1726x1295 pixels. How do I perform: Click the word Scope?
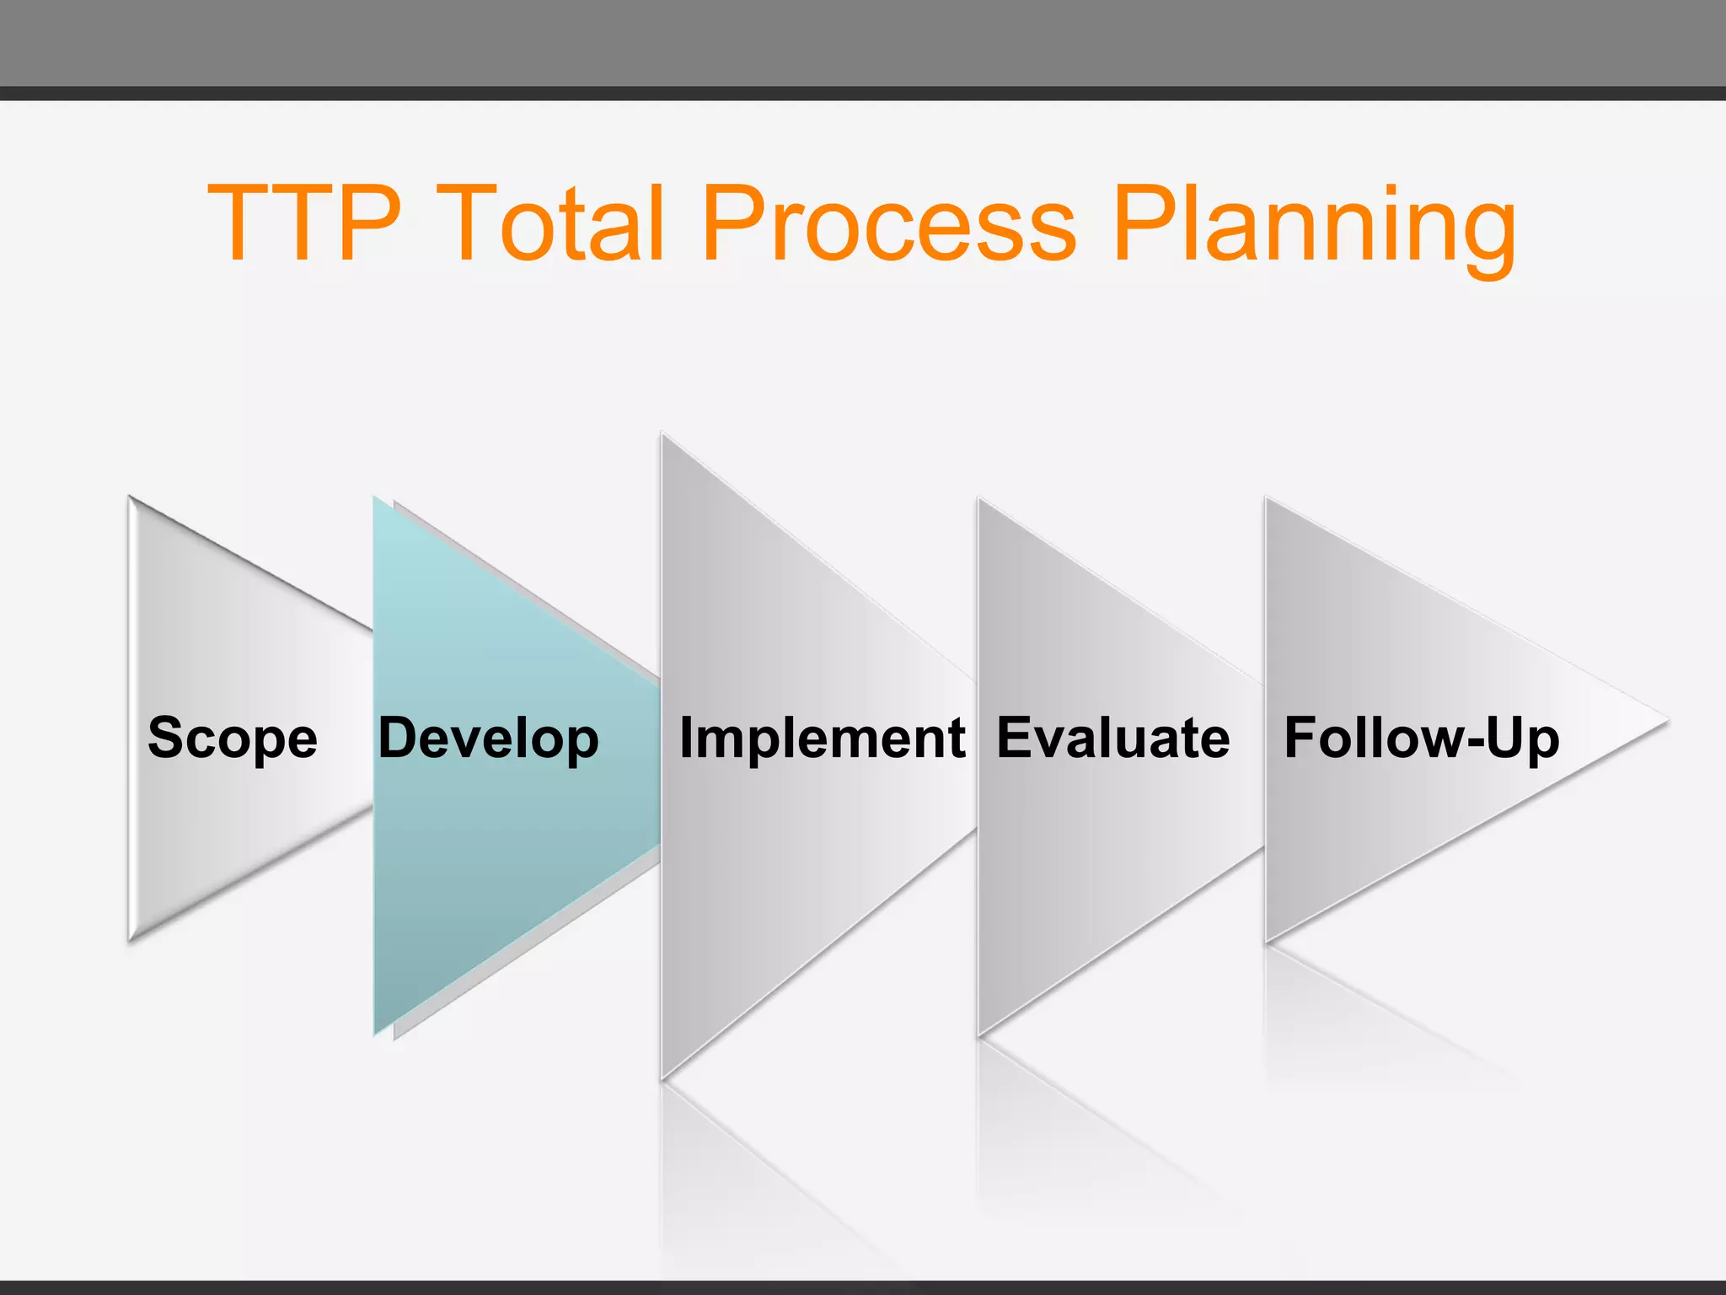pos(233,739)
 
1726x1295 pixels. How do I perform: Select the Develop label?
pos(488,739)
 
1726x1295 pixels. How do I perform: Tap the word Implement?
pos(822,739)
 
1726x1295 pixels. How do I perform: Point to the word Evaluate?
pos(1112,739)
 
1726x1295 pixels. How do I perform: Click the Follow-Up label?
pos(1421,739)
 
